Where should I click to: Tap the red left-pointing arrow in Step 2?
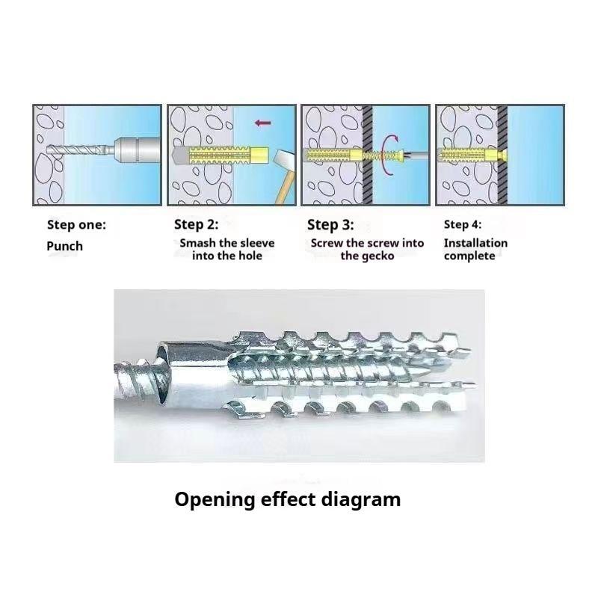(x=263, y=123)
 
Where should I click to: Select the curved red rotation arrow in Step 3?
(x=389, y=155)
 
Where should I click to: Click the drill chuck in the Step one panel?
(x=137, y=150)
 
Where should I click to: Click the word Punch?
(x=64, y=246)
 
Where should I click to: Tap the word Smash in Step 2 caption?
(x=197, y=243)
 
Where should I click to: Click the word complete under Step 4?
(x=469, y=256)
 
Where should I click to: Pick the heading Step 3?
(x=330, y=225)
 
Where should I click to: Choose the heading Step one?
(x=76, y=225)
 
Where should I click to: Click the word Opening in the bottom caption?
(x=215, y=500)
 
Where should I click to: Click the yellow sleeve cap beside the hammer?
(x=259, y=156)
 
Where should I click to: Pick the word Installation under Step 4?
(x=475, y=243)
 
